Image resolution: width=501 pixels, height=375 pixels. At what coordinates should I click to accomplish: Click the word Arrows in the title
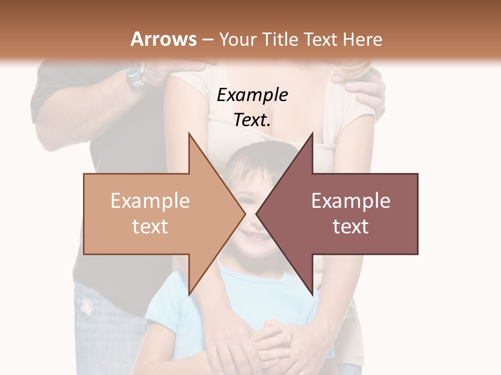(163, 39)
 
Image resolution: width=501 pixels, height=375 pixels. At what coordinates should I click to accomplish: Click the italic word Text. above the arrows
(252, 120)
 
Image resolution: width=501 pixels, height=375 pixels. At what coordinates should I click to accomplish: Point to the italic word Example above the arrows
(252, 95)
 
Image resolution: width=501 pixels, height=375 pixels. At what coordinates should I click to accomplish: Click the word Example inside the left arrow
(150, 201)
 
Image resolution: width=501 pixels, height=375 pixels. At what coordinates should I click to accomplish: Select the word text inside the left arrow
(150, 227)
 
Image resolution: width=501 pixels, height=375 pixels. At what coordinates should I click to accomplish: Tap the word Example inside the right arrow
(351, 201)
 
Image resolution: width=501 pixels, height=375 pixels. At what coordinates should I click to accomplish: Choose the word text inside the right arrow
(351, 227)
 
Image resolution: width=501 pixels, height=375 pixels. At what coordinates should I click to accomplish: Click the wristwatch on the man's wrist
(137, 77)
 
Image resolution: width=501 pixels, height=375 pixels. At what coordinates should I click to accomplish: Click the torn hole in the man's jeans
(86, 307)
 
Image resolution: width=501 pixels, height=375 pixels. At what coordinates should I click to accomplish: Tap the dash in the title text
(207, 40)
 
